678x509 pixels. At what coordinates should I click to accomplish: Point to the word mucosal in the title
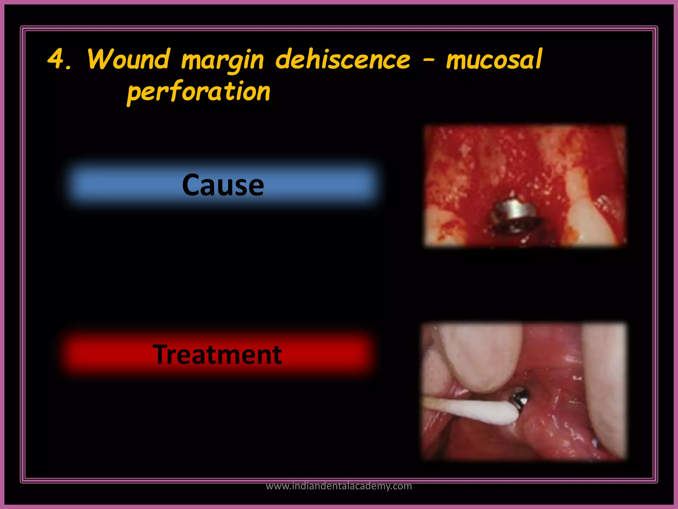coord(494,60)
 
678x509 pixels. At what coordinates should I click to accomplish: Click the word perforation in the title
coord(199,92)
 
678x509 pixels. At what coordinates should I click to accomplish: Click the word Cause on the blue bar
coord(223,185)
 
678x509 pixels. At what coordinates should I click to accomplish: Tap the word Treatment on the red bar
coord(217,355)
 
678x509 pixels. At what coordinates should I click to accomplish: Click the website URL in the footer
coord(339,486)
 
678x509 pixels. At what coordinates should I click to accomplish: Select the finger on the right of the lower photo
coord(604,381)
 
